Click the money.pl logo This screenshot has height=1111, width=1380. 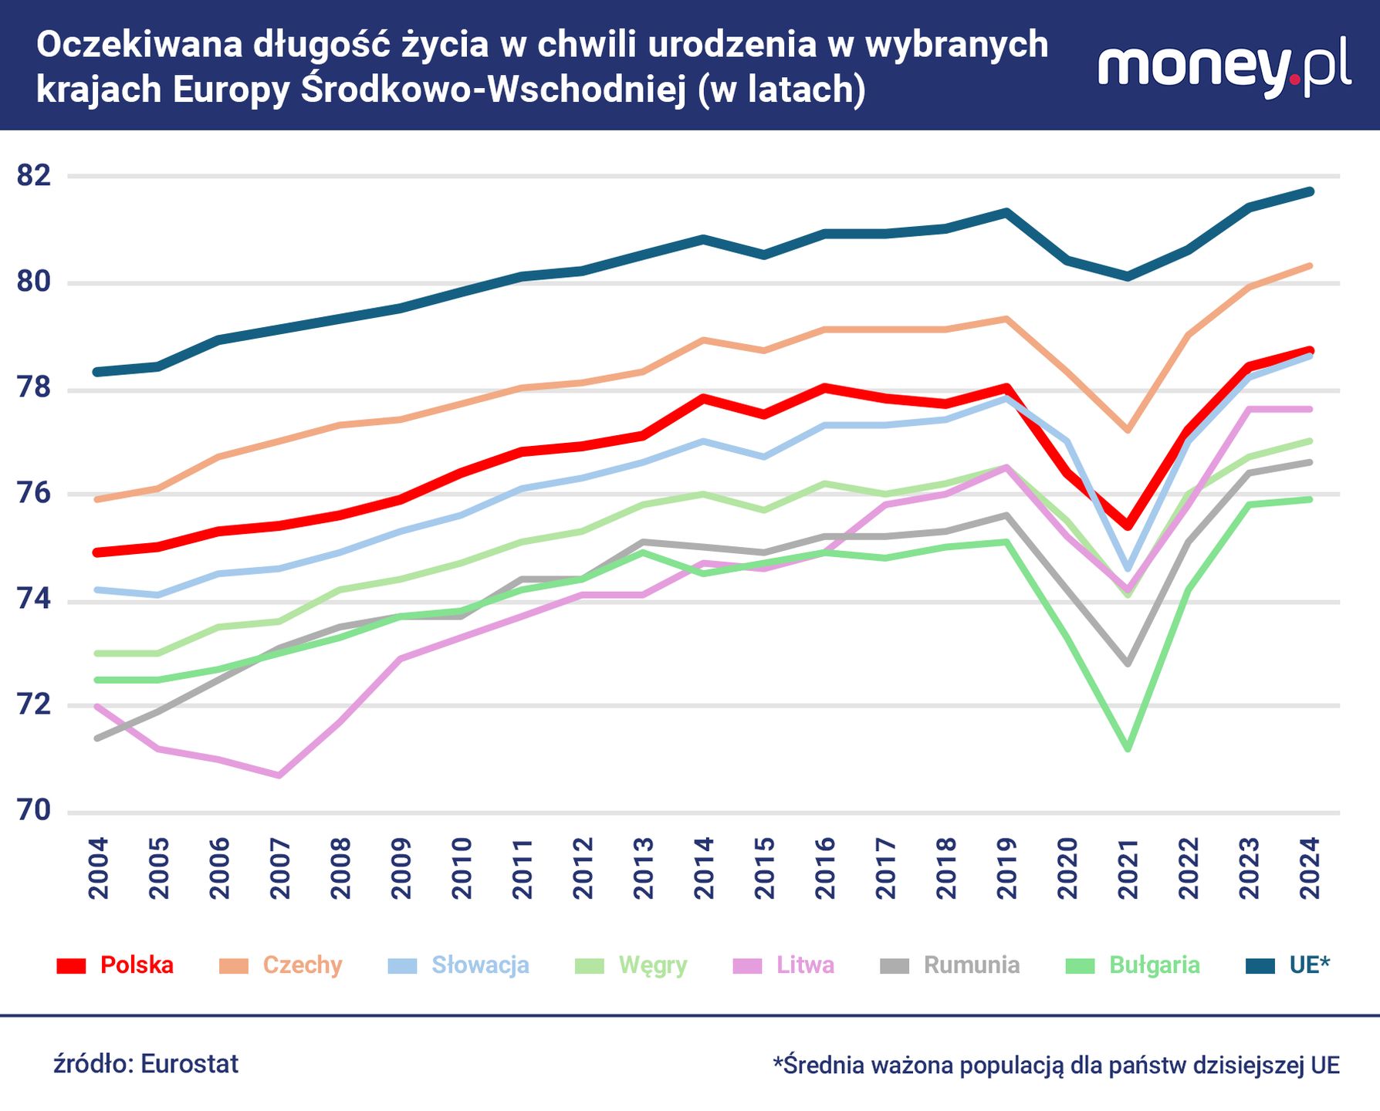click(1224, 66)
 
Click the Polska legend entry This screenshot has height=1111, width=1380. click(116, 965)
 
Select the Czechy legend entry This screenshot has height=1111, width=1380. click(281, 965)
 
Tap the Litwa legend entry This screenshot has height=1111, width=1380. click(784, 965)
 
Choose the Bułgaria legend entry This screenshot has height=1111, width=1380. click(1133, 965)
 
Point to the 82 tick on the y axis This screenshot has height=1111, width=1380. click(34, 176)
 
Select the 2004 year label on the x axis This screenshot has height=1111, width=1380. click(99, 869)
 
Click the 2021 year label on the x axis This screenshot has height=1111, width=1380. click(1128, 869)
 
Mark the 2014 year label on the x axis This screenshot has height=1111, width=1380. click(704, 869)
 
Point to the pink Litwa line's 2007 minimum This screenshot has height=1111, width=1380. click(279, 775)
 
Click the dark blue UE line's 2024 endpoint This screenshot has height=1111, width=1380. click(1310, 191)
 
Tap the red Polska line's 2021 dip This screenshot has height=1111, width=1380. click(1128, 526)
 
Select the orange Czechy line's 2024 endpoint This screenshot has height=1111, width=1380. click(1310, 266)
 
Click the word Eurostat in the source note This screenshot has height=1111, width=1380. click(190, 1064)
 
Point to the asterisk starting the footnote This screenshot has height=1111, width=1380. click(778, 1062)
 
